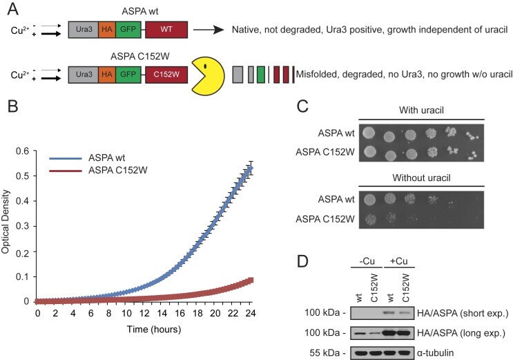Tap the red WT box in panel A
(166, 30)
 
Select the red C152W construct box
(166, 75)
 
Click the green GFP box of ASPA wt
(128, 30)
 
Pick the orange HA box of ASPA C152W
(106, 75)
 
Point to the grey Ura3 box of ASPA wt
(84, 30)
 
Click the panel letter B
(12, 106)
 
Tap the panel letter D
(302, 261)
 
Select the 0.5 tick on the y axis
(22, 176)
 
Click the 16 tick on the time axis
(180, 313)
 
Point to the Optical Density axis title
(6, 222)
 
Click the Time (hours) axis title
(154, 329)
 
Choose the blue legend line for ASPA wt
(66, 158)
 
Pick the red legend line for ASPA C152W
(66, 171)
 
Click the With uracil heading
(421, 110)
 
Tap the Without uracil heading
(421, 178)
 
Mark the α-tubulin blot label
(436, 353)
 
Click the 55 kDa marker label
(328, 353)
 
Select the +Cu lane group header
(399, 261)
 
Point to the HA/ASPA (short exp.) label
(463, 314)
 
